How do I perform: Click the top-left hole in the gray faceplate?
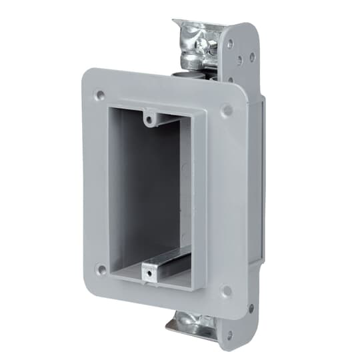[x=100, y=95]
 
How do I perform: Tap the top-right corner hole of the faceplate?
[x=227, y=109]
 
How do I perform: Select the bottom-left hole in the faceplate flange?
[x=101, y=270]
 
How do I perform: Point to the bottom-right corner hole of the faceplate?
[x=227, y=291]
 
